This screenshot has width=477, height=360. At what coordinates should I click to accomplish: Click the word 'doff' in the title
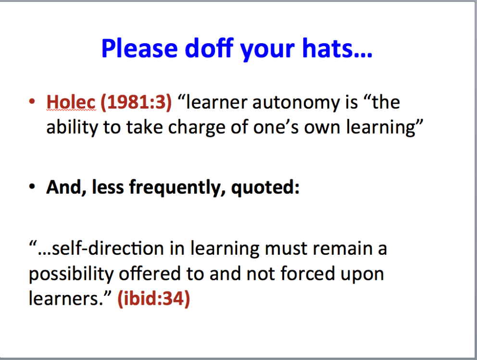coord(209,48)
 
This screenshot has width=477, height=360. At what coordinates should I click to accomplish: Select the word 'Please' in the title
coord(139,48)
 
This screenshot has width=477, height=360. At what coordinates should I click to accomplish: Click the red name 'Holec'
coord(71,102)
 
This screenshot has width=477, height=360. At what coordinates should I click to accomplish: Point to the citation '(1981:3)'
coord(136,102)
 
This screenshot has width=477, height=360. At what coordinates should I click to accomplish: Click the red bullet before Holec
coord(32,102)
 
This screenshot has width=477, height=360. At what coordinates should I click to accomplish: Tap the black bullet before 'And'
coord(32,186)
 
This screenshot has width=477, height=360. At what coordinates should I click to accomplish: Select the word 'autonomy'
coord(296,103)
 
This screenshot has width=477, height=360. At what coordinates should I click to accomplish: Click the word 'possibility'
coord(71,274)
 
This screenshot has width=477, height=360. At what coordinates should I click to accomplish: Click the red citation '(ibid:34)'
coord(153,298)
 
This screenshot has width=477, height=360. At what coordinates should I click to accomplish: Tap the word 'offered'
coord(150,273)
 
